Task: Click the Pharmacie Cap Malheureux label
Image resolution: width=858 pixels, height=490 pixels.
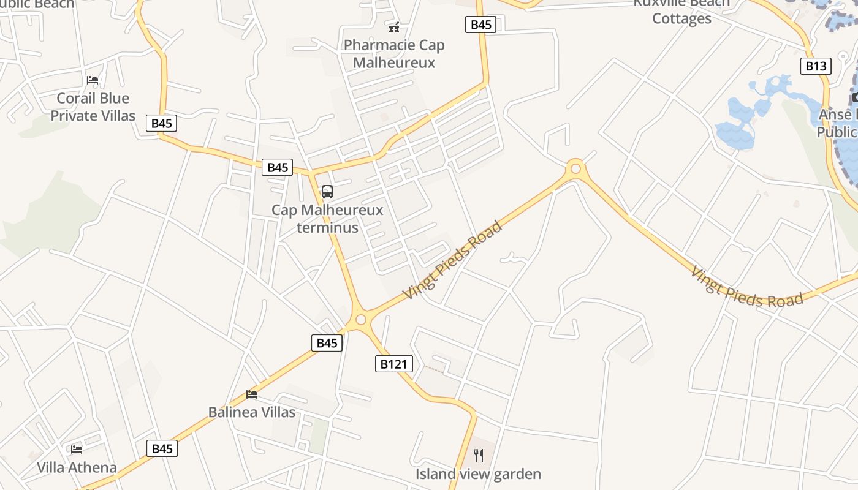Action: (394, 54)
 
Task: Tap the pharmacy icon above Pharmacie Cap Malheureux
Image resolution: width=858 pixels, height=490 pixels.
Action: (394, 28)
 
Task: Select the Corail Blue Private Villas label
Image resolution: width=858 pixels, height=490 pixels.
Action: (93, 107)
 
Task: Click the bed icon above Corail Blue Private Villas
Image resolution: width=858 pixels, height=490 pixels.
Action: (93, 80)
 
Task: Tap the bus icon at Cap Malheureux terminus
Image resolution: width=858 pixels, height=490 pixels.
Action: (327, 192)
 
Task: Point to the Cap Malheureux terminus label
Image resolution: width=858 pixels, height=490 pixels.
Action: (327, 219)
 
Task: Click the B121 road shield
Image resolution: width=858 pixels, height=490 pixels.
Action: (394, 364)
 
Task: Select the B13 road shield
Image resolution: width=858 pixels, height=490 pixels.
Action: (816, 66)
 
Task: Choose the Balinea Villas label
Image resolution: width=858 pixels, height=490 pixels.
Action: (252, 412)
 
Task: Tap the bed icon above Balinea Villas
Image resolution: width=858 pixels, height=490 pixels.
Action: (252, 394)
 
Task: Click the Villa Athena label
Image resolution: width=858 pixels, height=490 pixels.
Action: (77, 467)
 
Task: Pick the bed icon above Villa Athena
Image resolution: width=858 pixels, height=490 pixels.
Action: (77, 449)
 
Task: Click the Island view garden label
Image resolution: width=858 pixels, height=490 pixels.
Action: (478, 473)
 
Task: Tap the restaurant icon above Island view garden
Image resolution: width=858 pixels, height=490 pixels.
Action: (479, 455)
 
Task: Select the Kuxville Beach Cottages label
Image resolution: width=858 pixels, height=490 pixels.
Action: (681, 11)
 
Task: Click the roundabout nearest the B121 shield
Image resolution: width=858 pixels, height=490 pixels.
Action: (360, 319)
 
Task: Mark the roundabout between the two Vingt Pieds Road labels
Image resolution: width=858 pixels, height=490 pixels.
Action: (575, 168)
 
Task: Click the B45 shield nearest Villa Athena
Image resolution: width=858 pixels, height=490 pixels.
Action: (162, 449)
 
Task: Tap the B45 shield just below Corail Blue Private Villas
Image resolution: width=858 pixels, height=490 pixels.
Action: (162, 123)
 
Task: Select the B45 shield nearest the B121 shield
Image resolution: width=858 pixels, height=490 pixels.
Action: (327, 343)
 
